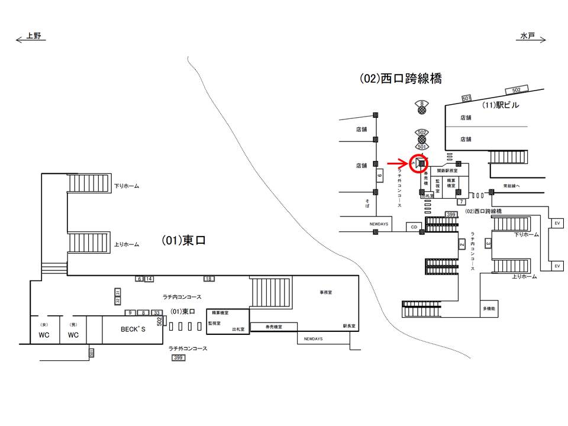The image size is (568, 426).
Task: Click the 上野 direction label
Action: click(34, 36)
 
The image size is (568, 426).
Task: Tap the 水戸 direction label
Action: click(527, 36)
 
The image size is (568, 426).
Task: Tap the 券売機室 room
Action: click(273, 327)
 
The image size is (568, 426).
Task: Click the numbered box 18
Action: click(209, 279)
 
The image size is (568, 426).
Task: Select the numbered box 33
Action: click(157, 312)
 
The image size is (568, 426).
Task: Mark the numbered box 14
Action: click(149, 279)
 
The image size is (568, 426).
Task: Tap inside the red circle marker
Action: click(419, 162)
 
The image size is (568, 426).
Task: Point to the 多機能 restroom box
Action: click(489, 308)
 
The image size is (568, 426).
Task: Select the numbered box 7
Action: click(460, 202)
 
